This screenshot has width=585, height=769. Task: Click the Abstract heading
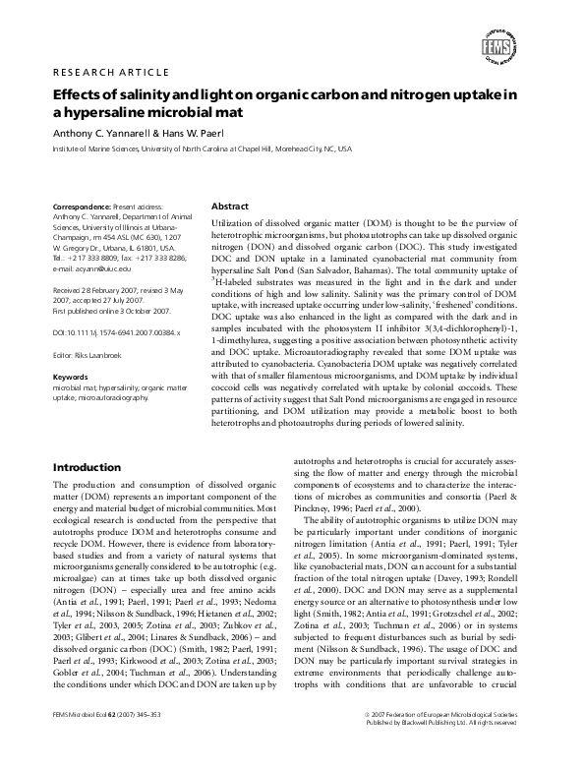(x=230, y=207)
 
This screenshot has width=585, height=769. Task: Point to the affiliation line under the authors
(x=202, y=150)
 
